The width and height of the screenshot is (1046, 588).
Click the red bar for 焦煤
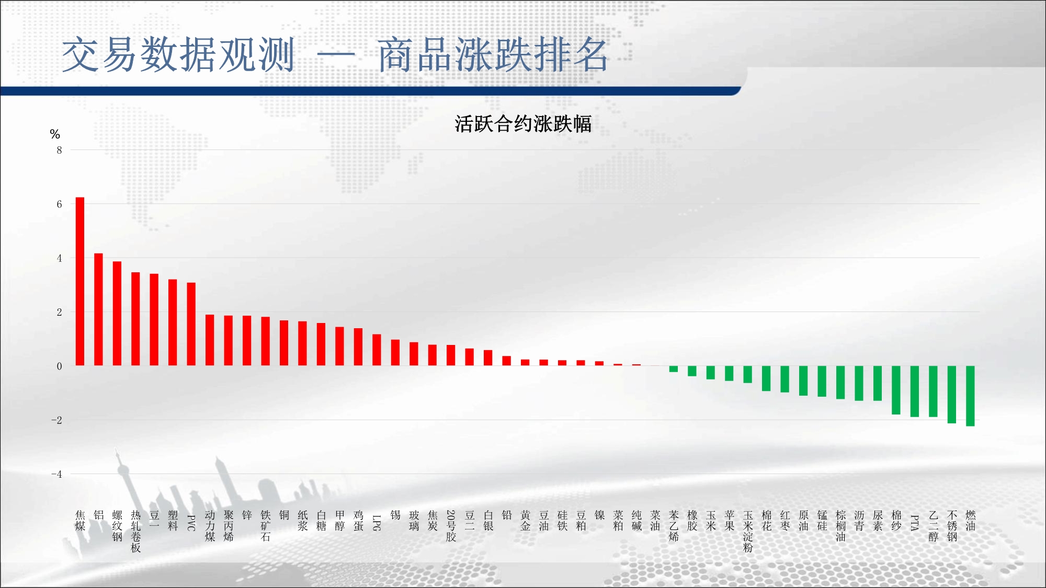click(80, 281)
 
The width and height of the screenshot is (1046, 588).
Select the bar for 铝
click(98, 309)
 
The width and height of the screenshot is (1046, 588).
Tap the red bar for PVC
click(191, 324)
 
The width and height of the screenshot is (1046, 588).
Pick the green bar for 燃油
click(970, 396)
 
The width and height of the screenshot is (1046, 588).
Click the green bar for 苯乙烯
click(674, 369)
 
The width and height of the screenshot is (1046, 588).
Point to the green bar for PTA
click(915, 391)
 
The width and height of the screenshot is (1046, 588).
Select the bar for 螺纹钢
click(117, 314)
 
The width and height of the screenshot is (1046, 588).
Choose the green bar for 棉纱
click(896, 390)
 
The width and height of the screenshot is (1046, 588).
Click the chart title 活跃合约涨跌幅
click(523, 124)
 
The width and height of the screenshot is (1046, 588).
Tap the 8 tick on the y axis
click(59, 150)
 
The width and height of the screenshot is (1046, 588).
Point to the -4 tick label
click(56, 474)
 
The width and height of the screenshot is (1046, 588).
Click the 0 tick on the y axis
click(59, 366)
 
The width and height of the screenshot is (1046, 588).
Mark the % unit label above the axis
click(55, 134)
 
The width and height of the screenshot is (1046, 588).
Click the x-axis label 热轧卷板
click(136, 532)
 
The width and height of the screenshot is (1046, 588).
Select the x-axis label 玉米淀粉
click(748, 532)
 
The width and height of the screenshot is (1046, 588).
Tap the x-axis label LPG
click(377, 523)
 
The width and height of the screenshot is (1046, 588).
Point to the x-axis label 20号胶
click(451, 526)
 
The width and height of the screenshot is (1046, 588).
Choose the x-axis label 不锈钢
click(952, 526)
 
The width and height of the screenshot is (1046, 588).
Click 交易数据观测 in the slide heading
click(178, 55)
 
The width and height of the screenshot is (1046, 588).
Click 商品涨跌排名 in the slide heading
click(493, 55)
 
